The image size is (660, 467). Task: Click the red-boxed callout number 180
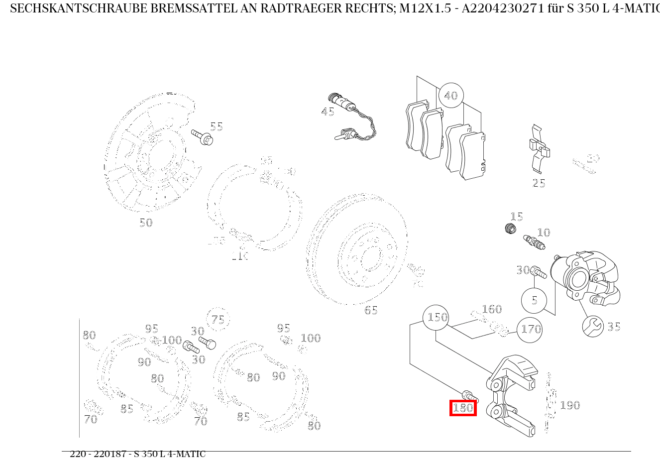(x=463, y=408)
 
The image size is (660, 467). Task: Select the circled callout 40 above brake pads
(x=451, y=96)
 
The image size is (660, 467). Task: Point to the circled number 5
(x=534, y=301)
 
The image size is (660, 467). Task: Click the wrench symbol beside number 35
(x=593, y=327)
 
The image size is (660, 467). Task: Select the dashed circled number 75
(x=218, y=320)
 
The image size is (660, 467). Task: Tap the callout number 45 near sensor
(x=328, y=112)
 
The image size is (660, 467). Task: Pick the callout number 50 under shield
(x=146, y=223)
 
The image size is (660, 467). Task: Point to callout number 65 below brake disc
(x=371, y=310)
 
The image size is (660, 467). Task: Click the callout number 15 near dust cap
(x=517, y=217)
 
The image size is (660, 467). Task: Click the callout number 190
(x=570, y=405)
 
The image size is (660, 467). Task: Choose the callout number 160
(x=492, y=309)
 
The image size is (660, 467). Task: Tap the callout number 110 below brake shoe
(x=239, y=256)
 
